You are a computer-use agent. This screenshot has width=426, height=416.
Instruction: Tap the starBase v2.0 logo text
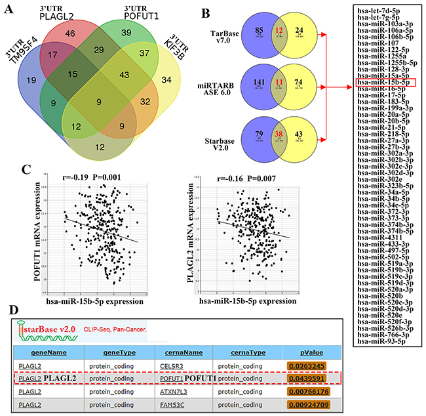[x=48, y=326]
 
